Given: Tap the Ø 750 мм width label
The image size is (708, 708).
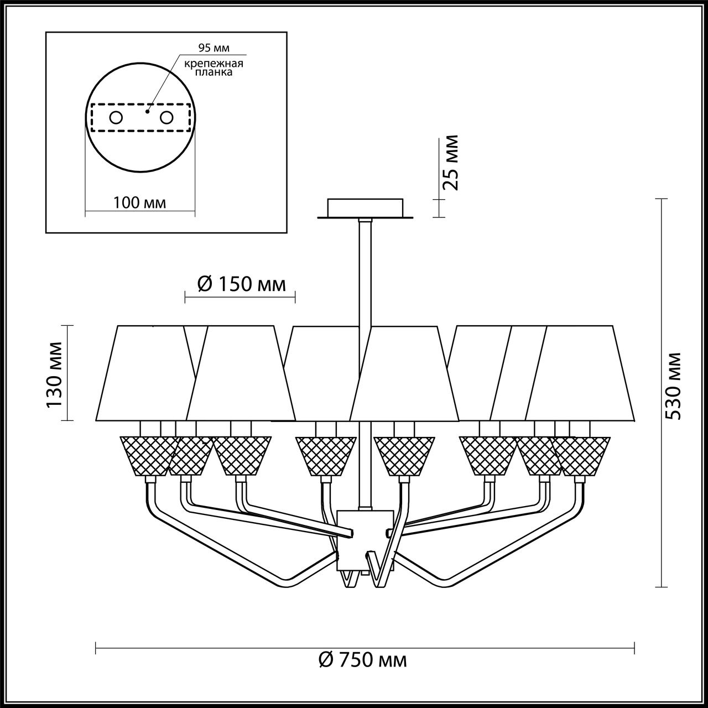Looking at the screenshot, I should (x=363, y=660).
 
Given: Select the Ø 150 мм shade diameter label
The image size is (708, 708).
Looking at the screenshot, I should (x=242, y=284).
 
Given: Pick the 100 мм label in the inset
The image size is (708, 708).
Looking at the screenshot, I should (x=139, y=202).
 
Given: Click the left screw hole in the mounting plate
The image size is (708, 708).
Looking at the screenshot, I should (x=116, y=117).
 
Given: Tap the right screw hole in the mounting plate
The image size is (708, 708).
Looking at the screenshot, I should (x=166, y=117).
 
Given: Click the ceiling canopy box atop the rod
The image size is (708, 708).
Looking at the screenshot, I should (x=365, y=208).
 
